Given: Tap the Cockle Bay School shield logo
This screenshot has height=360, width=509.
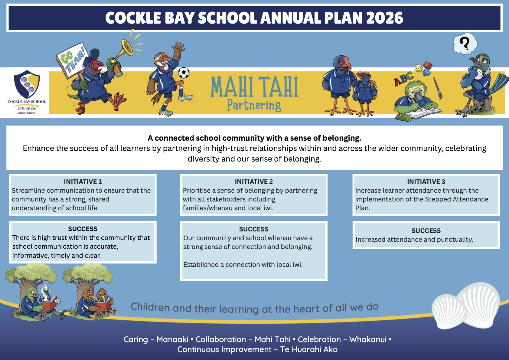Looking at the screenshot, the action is point(27,84).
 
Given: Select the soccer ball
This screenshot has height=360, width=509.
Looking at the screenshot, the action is point(184,73).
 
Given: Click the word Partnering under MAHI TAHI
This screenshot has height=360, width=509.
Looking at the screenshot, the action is point(254,105).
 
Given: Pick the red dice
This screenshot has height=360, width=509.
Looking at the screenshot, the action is point(427,65).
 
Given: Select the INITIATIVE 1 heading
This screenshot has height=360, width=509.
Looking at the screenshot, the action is point(83,182).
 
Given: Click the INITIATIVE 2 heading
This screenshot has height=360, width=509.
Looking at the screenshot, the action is point(254,182).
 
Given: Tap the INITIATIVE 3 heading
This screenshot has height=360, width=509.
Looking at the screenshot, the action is point(426,182).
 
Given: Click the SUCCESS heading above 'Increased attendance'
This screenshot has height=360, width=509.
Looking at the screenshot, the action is point(426,231).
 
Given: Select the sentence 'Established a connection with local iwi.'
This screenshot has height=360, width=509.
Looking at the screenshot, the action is point(243,264).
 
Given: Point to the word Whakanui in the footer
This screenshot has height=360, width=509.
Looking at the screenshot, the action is point(368,339).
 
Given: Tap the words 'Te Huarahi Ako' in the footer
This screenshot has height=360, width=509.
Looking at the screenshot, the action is point(309,349).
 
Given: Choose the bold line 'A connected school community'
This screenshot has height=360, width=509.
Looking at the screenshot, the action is point(254,138).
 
